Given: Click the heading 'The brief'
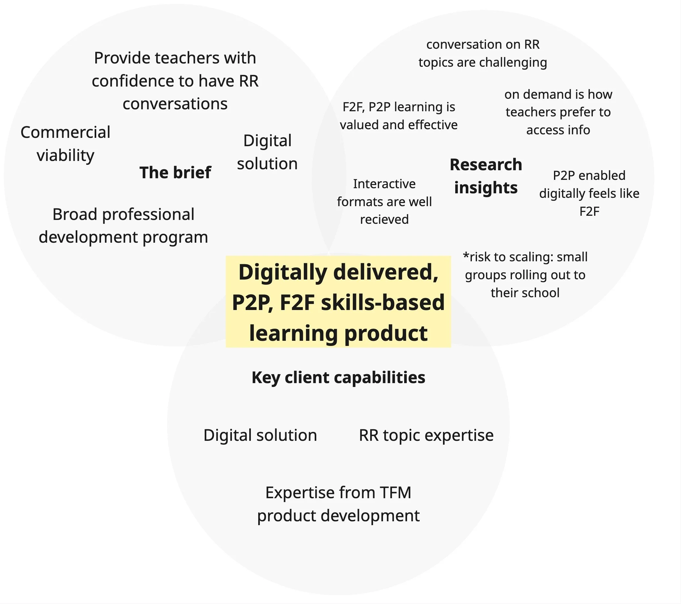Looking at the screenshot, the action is pos(175,172).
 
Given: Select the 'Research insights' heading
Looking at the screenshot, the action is pos(486,176).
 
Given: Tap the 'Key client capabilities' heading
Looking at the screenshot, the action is pos(338,377).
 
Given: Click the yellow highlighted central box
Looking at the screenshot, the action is pos(338,302).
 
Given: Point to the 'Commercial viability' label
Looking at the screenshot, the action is pos(65,144).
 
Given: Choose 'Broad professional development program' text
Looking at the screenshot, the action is pos(123,225).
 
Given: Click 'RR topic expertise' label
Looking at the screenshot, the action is pos(426,435).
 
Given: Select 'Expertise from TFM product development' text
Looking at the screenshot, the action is pos(338,504).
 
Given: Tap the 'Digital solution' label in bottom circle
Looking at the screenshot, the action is pos(260,435).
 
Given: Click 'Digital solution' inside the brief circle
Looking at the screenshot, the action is pos(267,152).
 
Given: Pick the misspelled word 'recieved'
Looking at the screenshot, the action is pos(384,219).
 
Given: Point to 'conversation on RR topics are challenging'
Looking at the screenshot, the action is pos(483,53).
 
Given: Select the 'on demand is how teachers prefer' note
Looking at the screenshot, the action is pos(558,112).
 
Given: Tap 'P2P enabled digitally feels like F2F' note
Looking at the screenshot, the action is pos(589,193).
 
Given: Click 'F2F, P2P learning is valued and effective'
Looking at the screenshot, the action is pos(398,115).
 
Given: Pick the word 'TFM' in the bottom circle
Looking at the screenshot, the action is pos(396,492).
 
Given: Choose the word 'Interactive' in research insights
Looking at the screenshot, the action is pos(384,184).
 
